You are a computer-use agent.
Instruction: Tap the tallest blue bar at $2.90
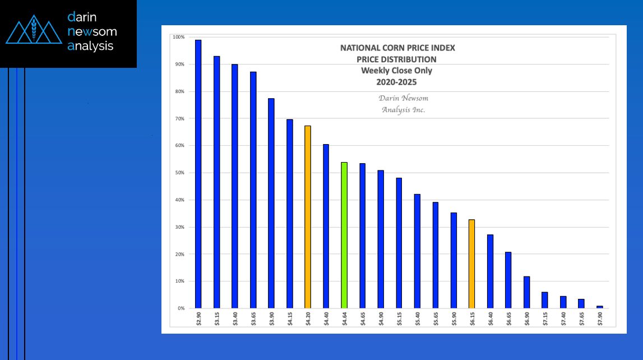pyautogui.click(x=198, y=174)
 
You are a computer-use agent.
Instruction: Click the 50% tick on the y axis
pyautogui.click(x=181, y=173)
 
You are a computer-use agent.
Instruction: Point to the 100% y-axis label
pyautogui.click(x=179, y=38)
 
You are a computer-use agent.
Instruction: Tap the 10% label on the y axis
pyautogui.click(x=181, y=281)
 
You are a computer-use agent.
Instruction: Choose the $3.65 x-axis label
pyautogui.click(x=253, y=318)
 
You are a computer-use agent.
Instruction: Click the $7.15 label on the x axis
pyautogui.click(x=545, y=318)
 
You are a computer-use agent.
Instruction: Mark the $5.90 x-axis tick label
pyautogui.click(x=454, y=318)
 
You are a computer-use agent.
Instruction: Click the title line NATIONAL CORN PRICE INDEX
pyautogui.click(x=397, y=48)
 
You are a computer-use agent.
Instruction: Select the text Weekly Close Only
pyautogui.click(x=396, y=71)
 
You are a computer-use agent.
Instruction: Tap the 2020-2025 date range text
pyautogui.click(x=396, y=82)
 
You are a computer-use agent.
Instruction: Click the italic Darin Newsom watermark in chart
pyautogui.click(x=403, y=98)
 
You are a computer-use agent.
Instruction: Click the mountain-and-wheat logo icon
pyautogui.click(x=34, y=33)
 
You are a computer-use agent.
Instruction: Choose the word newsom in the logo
pyautogui.click(x=92, y=31)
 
